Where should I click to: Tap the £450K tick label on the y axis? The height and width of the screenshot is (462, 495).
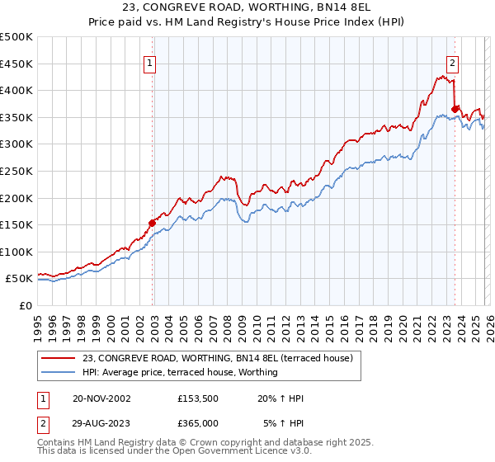coord(16,64)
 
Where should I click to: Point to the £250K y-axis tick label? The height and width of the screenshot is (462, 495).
coord(16,172)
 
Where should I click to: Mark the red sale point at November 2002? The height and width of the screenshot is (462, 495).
coord(153,222)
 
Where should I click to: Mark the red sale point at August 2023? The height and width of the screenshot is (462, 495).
coord(455,108)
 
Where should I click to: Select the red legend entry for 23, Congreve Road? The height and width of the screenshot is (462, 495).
coord(218,358)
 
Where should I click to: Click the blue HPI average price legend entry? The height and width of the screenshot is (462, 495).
coord(180,372)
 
